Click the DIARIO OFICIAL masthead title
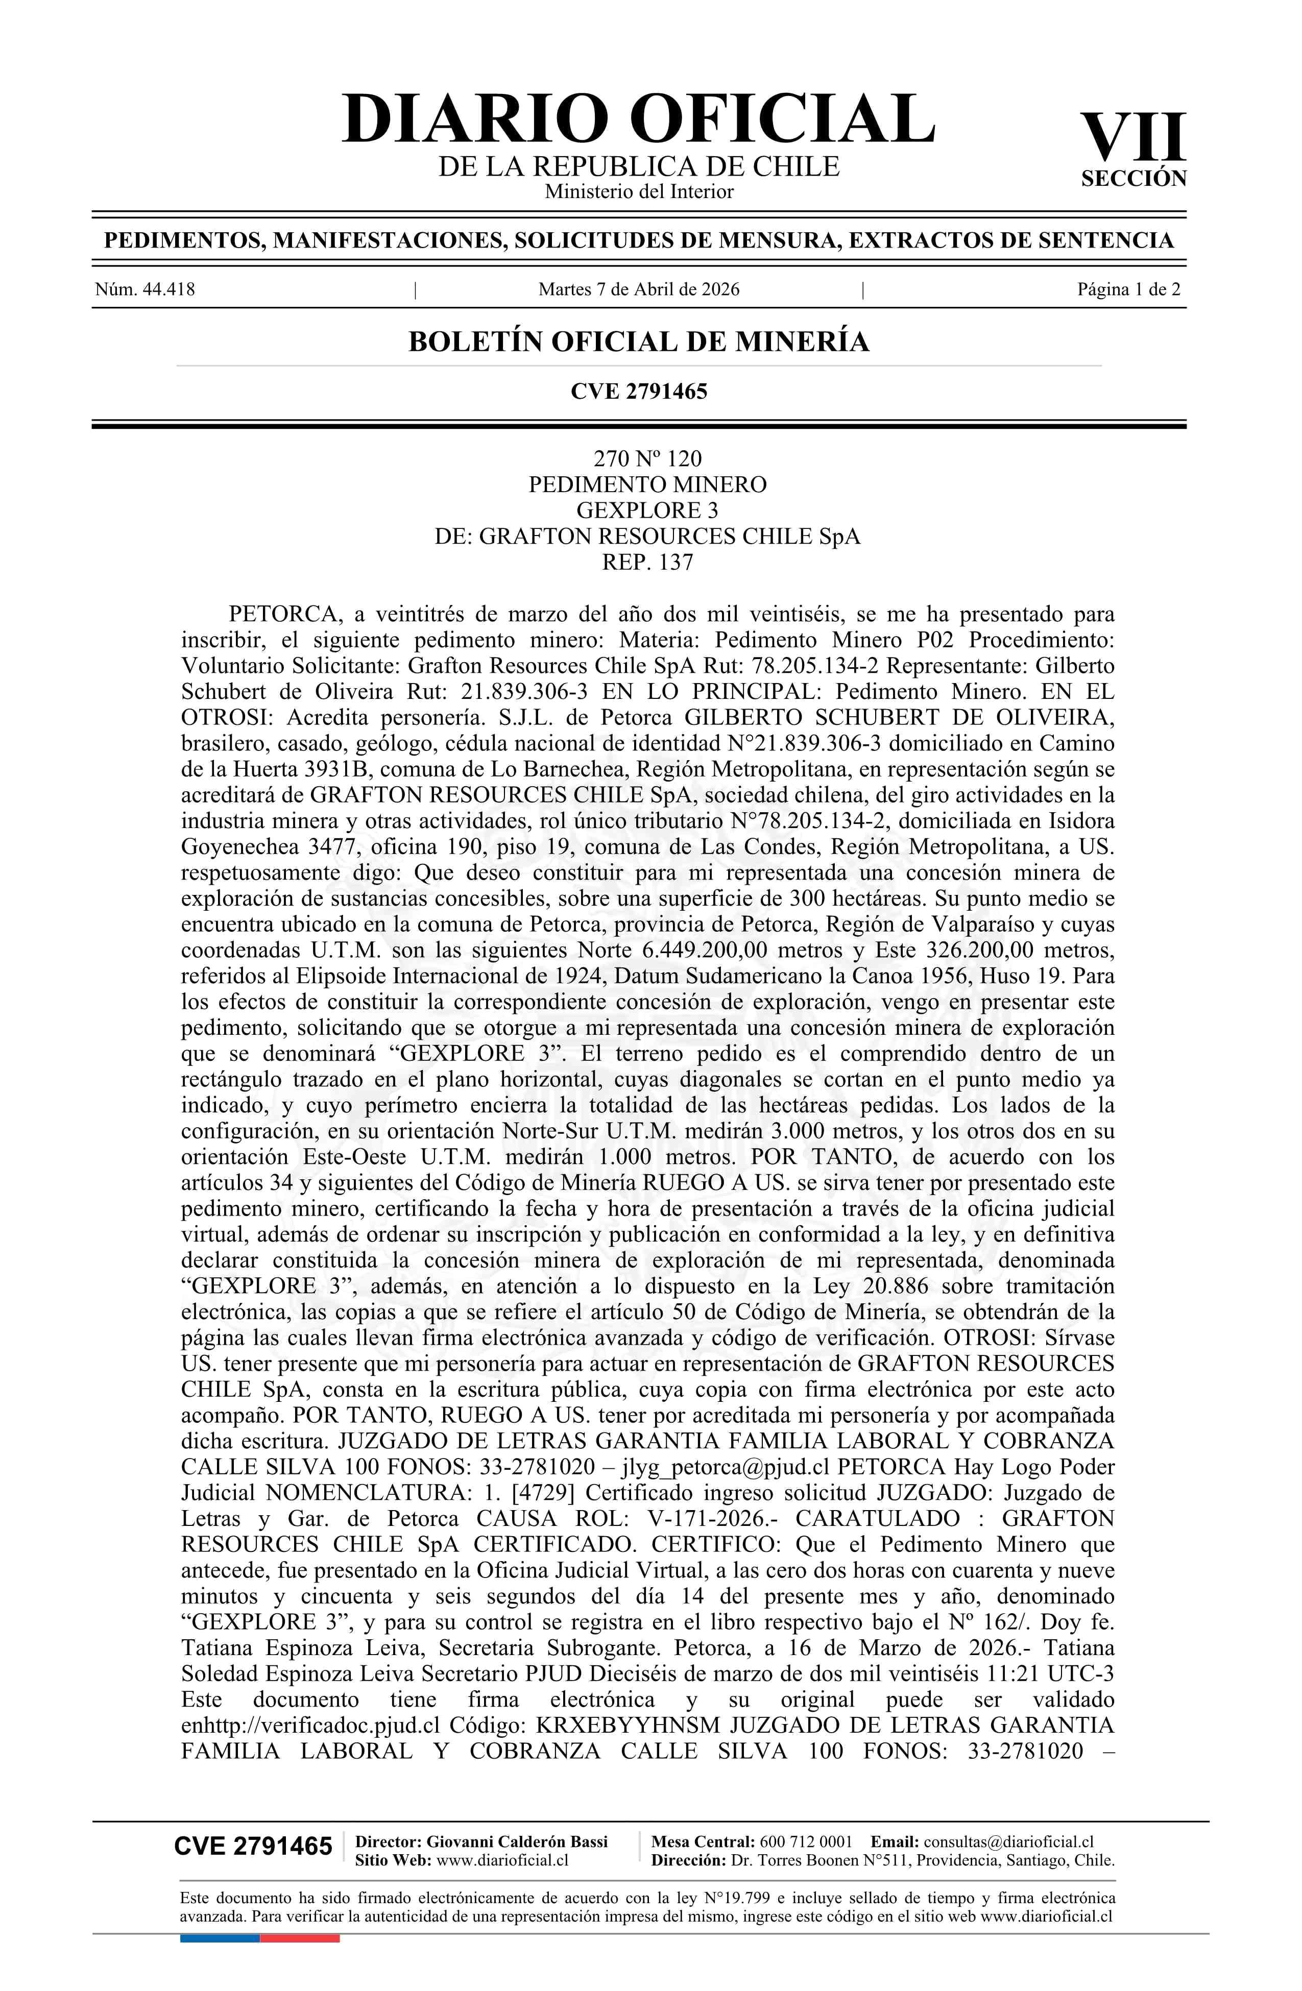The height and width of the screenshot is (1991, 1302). (638, 119)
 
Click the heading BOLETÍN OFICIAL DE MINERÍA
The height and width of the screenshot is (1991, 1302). (638, 342)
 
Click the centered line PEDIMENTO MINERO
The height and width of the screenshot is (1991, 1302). (647, 484)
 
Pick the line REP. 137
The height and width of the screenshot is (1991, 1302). (647, 562)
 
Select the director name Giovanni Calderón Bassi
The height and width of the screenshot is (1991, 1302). (517, 1841)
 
